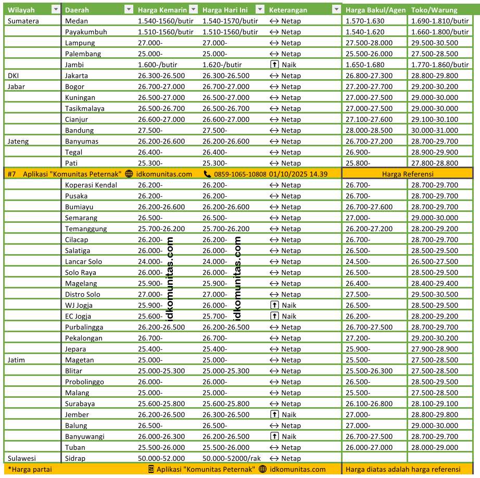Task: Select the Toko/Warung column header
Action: tap(434, 10)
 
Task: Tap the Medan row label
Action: tap(77, 21)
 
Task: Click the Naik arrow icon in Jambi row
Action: tap(274, 65)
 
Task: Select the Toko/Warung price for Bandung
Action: tap(434, 130)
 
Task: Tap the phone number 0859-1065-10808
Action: tap(240, 174)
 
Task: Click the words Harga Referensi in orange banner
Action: tap(408, 174)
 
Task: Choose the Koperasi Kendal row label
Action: tap(91, 185)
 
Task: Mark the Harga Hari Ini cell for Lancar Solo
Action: tap(214, 261)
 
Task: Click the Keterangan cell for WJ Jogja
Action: tap(283, 305)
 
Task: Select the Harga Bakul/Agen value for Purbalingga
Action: tap(369, 327)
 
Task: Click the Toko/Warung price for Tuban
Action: tap(434, 447)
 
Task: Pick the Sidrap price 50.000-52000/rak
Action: tap(231, 458)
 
